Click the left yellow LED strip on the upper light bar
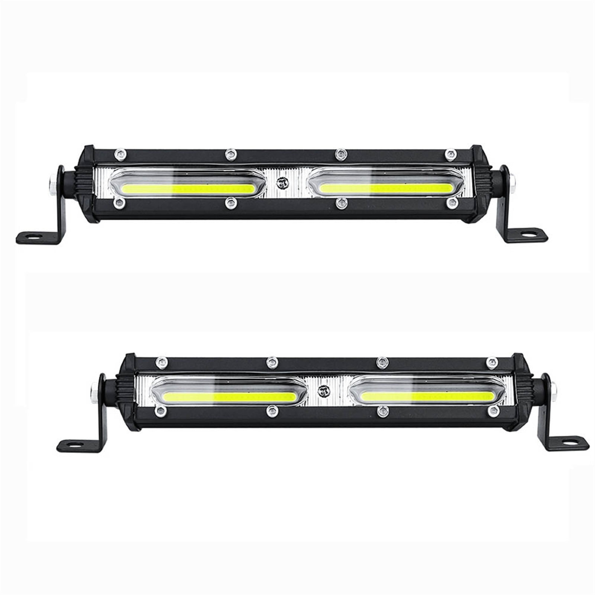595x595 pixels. coord(188,188)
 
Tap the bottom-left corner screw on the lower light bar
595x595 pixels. coord(161,410)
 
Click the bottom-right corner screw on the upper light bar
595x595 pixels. coord(452,202)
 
